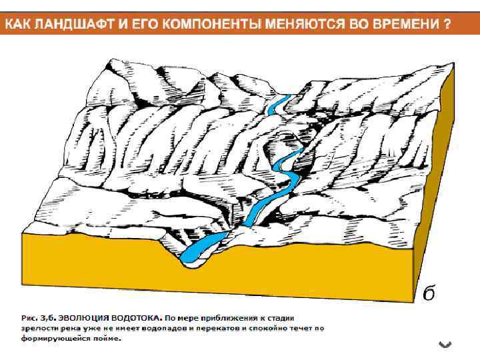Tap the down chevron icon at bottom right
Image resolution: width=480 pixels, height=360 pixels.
(x=446, y=344)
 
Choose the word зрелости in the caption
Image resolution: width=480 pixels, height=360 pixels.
(x=39, y=328)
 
